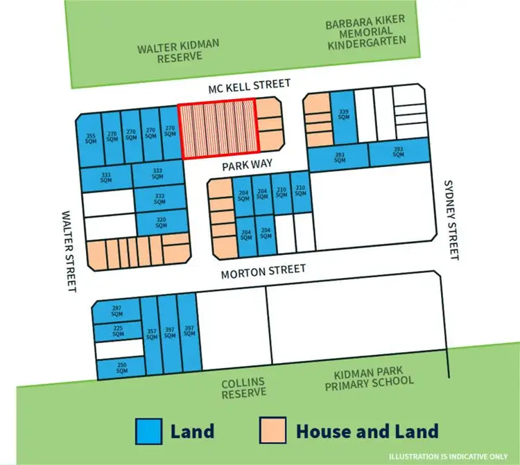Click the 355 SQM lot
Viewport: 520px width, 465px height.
[91, 139]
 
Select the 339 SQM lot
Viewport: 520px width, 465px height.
[343, 115]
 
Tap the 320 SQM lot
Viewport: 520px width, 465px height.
[161, 222]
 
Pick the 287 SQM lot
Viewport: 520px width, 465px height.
[116, 311]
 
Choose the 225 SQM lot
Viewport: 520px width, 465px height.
[118, 331]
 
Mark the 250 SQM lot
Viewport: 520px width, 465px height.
[121, 368]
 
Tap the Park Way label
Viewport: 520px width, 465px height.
[245, 166]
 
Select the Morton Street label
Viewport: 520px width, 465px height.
[263, 272]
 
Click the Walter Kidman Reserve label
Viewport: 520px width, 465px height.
[178, 51]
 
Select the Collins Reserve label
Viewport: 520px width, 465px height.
[243, 387]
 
